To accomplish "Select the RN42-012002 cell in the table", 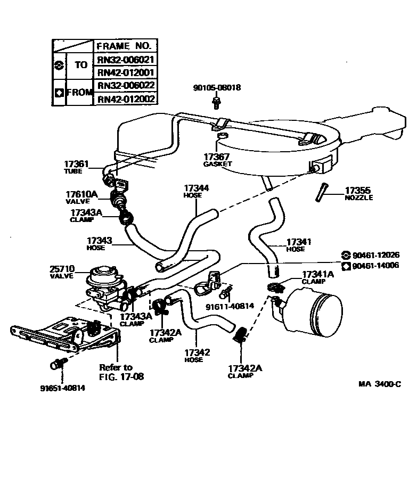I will pos(126,98).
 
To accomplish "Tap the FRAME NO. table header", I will pos(126,46).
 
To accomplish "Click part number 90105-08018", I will pos(216,88).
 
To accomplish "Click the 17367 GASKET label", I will pos(217,160).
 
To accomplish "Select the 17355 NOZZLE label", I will pos(358,193).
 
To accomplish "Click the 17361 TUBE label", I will pos(77,167).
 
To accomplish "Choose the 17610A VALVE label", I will pos(81,197).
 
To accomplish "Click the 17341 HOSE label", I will pos(298,244).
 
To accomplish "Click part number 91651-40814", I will pos(62,388).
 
